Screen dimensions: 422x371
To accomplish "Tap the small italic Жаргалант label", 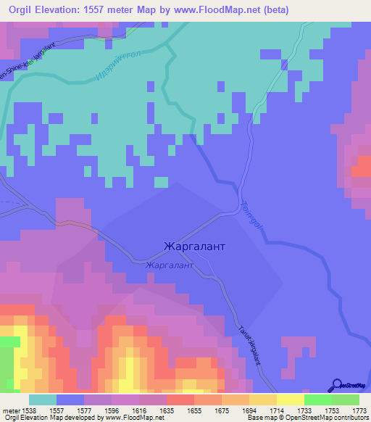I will [x=170, y=266].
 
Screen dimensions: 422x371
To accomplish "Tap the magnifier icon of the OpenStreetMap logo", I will [x=337, y=384].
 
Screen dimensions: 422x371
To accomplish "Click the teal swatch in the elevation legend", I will [x=43, y=400].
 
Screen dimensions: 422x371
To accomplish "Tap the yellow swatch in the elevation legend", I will [x=291, y=400].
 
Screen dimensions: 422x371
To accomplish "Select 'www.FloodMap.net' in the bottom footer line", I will [x=124, y=418].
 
